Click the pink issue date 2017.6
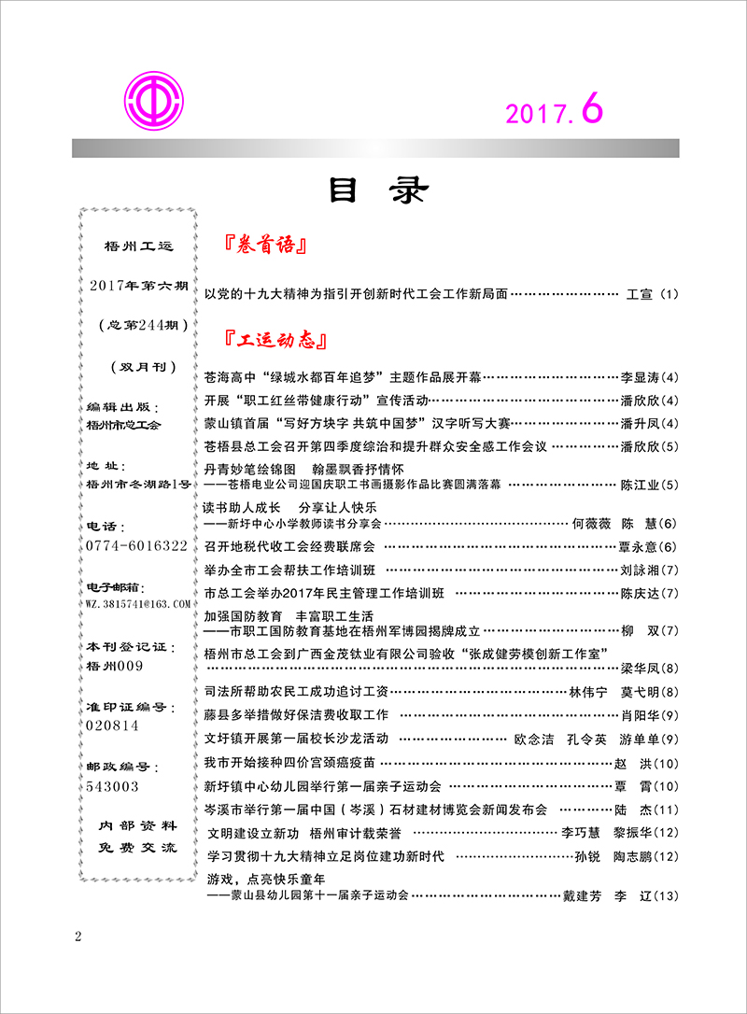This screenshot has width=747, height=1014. (555, 112)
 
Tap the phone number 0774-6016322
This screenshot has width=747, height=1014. (136, 544)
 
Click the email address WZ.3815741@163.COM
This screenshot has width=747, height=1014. (137, 605)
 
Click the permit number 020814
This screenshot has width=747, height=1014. (112, 725)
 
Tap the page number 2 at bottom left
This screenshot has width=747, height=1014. (78, 937)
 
